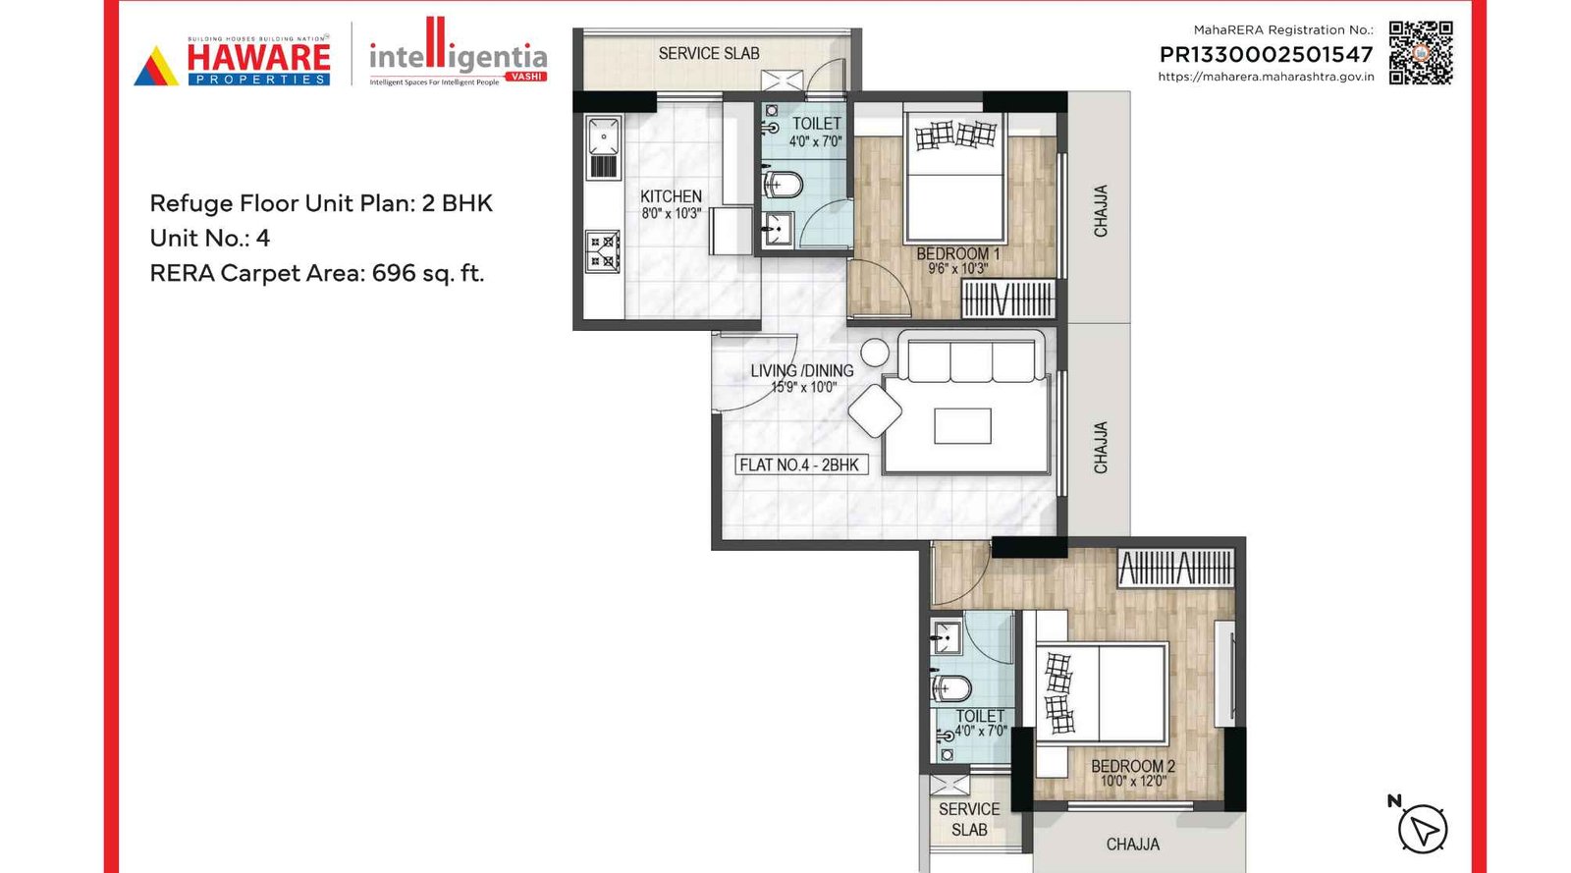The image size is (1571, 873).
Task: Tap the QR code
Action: tap(1420, 53)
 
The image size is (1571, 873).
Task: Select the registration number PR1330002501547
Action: tap(1266, 55)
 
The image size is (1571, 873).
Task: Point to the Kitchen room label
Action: tap(671, 196)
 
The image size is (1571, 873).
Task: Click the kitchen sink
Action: tap(603, 137)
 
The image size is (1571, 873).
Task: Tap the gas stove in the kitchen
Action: tap(603, 251)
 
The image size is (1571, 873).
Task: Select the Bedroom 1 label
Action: tap(957, 253)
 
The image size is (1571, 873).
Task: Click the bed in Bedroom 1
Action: tap(954, 182)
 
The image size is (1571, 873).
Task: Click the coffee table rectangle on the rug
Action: tap(962, 426)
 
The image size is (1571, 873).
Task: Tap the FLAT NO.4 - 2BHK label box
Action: tap(800, 464)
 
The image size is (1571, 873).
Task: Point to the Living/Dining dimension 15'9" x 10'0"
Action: tap(803, 387)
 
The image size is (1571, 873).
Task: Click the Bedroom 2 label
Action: tap(1132, 766)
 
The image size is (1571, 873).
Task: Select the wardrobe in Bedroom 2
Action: tap(1175, 569)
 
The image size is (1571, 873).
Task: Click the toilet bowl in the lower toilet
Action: tap(950, 687)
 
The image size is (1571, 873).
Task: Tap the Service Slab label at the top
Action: tap(708, 54)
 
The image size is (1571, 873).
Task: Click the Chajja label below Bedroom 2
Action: tap(1132, 844)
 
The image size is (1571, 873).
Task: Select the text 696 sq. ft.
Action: tap(428, 273)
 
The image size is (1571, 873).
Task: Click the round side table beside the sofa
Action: tap(874, 353)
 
